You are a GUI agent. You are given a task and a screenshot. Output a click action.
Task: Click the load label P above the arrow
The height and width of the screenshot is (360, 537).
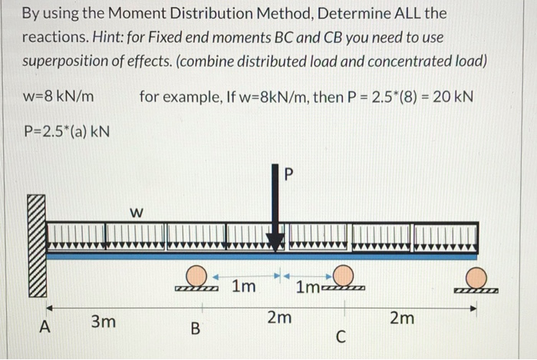[x=288, y=174]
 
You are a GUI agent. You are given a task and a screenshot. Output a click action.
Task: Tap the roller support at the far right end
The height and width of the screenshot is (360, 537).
[x=476, y=278]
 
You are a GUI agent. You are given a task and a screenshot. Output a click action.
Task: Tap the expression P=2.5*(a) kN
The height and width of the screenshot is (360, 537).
[x=66, y=131]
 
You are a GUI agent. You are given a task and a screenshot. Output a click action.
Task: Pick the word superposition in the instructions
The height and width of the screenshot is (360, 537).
[x=64, y=61]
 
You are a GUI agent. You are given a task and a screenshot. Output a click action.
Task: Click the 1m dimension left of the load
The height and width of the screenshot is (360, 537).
[x=244, y=288]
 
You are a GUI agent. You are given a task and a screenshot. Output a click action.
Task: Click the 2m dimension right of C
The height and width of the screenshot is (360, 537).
[x=401, y=317]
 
